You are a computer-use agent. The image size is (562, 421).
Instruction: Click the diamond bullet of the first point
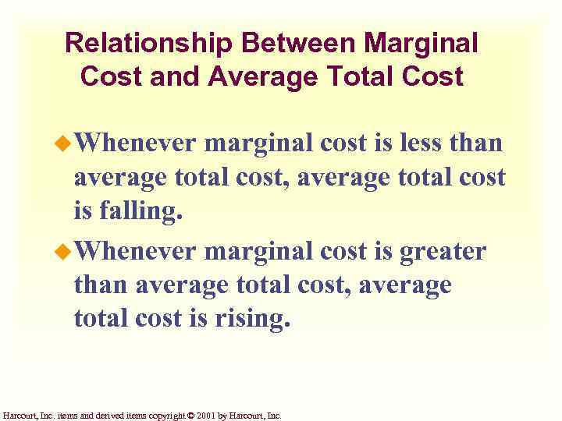tap(66, 144)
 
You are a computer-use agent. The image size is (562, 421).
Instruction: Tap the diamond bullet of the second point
tap(66, 252)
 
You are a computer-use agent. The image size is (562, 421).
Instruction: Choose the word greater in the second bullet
tap(443, 252)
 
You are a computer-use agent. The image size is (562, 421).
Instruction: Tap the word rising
tap(249, 320)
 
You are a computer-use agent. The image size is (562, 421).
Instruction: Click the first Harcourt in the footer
tap(18, 416)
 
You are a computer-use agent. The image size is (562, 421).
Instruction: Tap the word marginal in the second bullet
tap(265, 252)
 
